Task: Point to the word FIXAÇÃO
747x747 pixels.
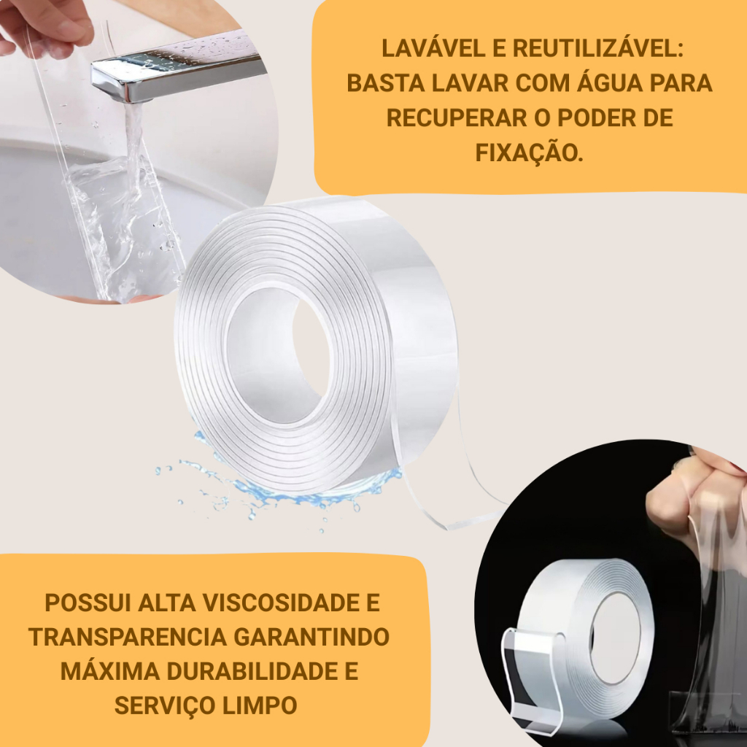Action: [x=529, y=153]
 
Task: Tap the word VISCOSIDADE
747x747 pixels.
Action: [x=282, y=603]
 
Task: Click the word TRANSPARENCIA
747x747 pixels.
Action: [x=127, y=637]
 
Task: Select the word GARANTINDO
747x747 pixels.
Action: [x=311, y=637]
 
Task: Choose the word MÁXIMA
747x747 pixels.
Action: [x=110, y=671]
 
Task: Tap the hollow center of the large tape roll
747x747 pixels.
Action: [x=279, y=355]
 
